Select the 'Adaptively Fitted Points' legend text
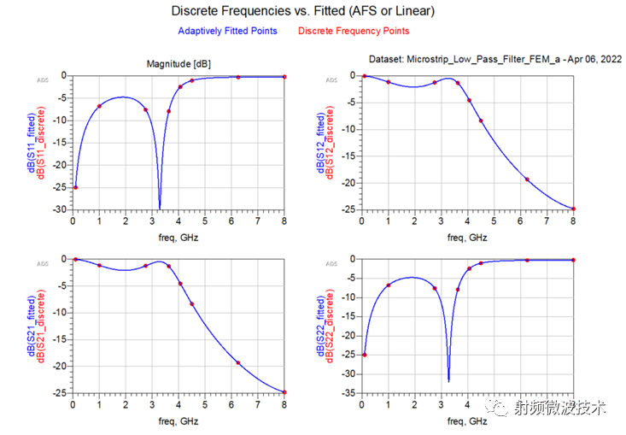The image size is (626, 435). point(227,31)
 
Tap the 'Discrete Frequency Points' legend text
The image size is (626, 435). point(354,31)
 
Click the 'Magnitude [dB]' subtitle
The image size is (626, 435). point(179,63)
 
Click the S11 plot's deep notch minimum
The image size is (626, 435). point(160,207)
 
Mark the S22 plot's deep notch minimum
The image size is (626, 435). point(448,380)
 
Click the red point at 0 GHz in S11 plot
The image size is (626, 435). point(75,187)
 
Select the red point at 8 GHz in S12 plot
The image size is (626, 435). point(574,209)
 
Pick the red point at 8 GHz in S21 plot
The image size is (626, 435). point(284,392)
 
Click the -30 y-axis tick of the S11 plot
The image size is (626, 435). point(58,209)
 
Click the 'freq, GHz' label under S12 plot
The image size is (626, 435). point(467,237)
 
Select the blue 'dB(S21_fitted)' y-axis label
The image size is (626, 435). point(32,325)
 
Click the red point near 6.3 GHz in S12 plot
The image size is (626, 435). point(527,179)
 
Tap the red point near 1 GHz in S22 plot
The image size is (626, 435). point(389,285)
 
